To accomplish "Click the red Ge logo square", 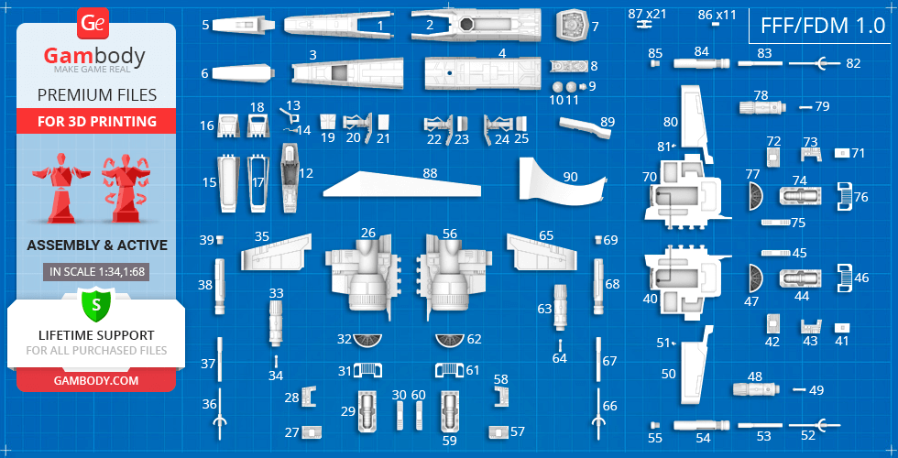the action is tap(93, 24).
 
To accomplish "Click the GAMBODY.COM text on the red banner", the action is tap(96, 380).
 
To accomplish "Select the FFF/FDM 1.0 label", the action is tap(823, 26).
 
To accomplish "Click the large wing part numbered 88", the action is tap(401, 184).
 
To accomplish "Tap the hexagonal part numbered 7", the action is tap(572, 26).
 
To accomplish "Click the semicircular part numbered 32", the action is tap(367, 340).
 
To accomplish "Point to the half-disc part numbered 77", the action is tap(756, 198).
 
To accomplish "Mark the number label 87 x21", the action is tap(647, 13).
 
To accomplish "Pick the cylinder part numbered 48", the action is tap(756, 390).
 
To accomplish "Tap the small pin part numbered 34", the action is tap(276, 361).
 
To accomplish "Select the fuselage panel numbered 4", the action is tap(482, 74).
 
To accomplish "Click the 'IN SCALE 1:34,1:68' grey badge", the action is tap(96, 272).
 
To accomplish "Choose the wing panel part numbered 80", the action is tap(695, 123).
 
